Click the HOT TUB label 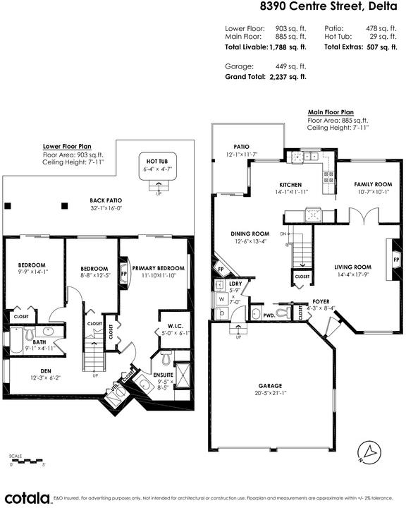point(157,162)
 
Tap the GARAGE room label point(270,386)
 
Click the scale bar point(27,460)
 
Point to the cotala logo point(27,498)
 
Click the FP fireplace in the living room point(396,260)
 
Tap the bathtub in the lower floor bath point(16,340)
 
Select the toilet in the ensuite point(166,358)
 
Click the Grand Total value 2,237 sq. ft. point(288,77)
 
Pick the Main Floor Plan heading point(331,112)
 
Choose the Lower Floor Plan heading point(67,147)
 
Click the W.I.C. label point(176,326)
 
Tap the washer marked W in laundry point(221,299)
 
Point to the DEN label point(46,371)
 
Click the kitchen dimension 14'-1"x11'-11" point(290,192)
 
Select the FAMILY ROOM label point(373,184)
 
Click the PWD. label point(269,315)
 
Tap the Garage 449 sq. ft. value point(290,66)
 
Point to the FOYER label point(321,301)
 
